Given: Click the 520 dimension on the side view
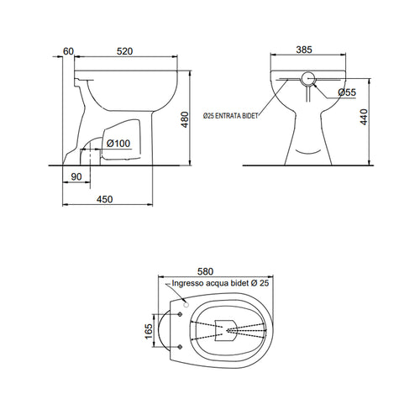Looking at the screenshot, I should (x=124, y=52).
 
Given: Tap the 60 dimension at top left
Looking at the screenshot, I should (x=69, y=52).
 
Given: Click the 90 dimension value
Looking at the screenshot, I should (x=76, y=177).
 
